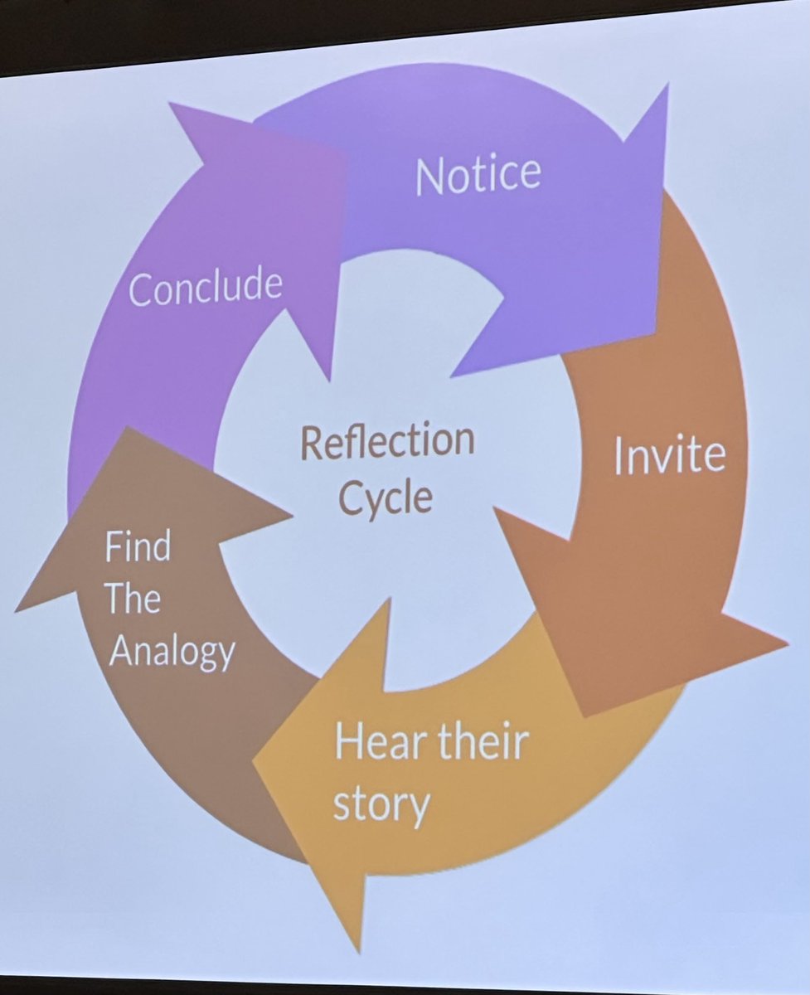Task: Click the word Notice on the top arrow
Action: pyautogui.click(x=478, y=173)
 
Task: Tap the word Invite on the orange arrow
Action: pyautogui.click(x=669, y=455)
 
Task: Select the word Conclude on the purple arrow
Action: pyautogui.click(x=206, y=287)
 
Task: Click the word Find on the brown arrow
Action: pyautogui.click(x=138, y=548)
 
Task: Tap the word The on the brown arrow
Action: pyautogui.click(x=133, y=599)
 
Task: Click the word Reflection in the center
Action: pyautogui.click(x=387, y=441)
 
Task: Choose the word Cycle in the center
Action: pyautogui.click(x=387, y=498)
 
